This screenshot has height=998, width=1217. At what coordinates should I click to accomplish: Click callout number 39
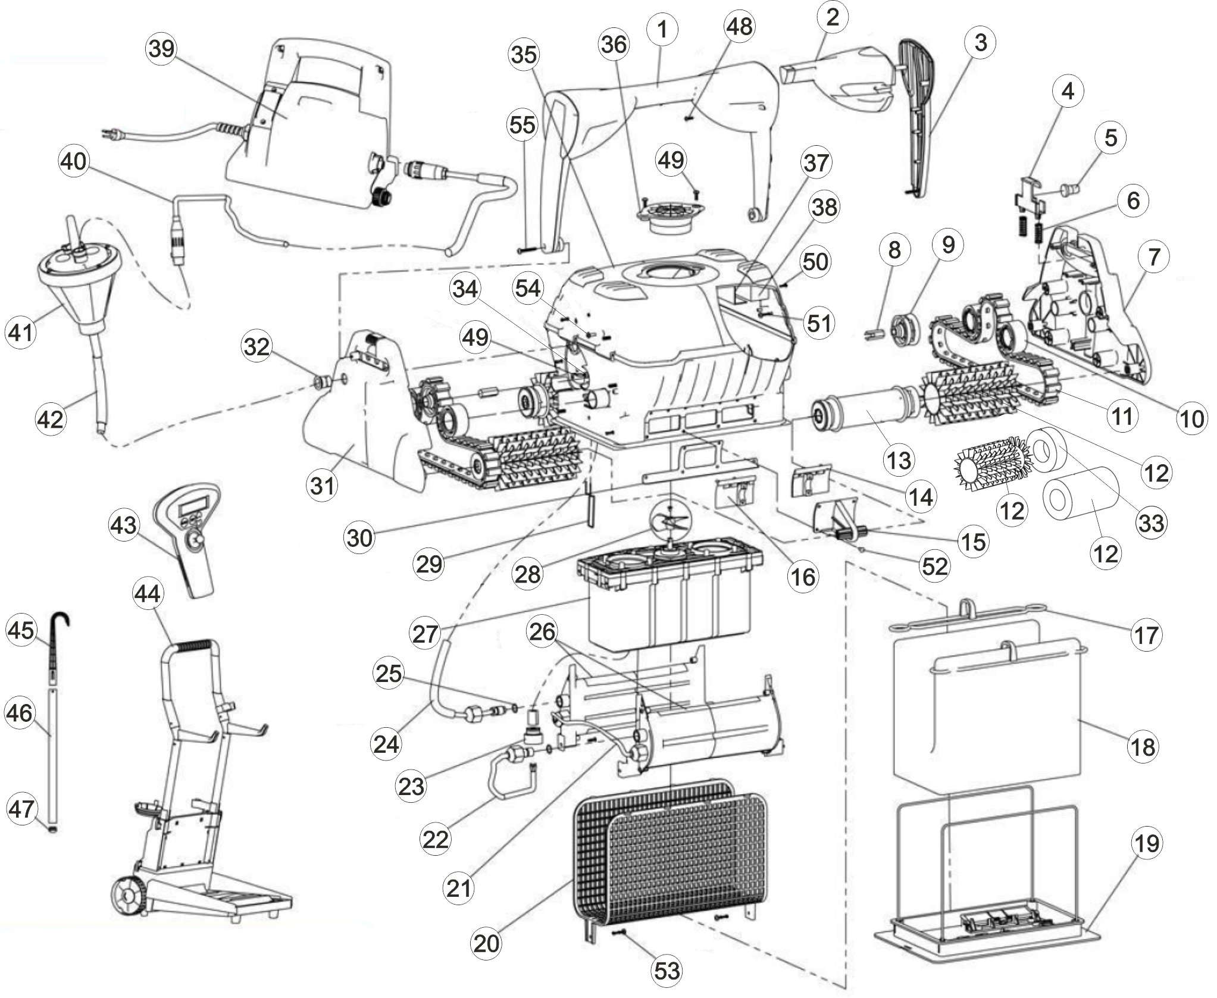(x=161, y=49)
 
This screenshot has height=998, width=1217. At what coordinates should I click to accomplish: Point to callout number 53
(x=667, y=971)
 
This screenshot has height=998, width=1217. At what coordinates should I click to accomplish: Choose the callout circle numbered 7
(x=1153, y=257)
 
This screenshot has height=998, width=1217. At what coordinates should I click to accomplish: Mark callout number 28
(x=527, y=573)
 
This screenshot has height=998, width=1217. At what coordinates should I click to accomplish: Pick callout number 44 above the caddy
(x=147, y=593)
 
